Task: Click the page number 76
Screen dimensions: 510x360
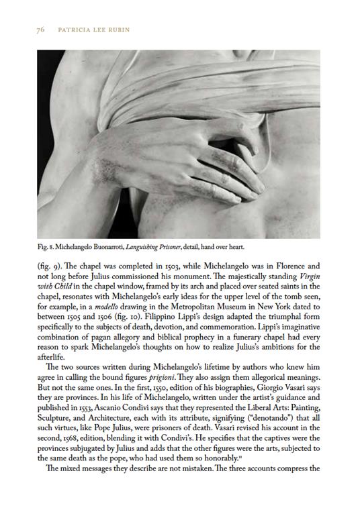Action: click(40, 30)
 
